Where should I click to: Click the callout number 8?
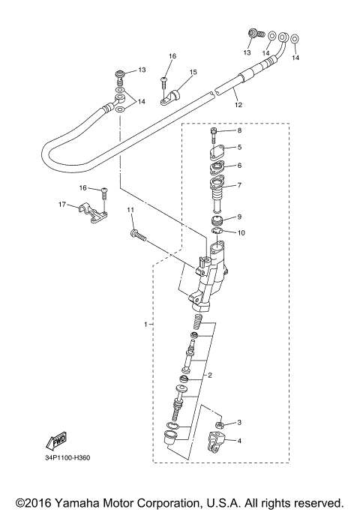[x=239, y=130]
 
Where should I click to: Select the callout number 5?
[x=239, y=148]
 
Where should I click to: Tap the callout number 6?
[x=239, y=166]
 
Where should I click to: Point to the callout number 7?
[x=239, y=185]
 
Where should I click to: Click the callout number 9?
[x=239, y=217]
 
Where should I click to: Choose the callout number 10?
[x=241, y=232]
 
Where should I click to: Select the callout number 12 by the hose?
[x=238, y=106]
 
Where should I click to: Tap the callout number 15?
[x=193, y=72]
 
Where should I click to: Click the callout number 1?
[x=146, y=324]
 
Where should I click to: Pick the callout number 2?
[x=211, y=375]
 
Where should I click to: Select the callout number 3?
[x=239, y=424]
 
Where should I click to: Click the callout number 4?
[x=239, y=441]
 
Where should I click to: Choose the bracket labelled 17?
[x=91, y=213]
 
